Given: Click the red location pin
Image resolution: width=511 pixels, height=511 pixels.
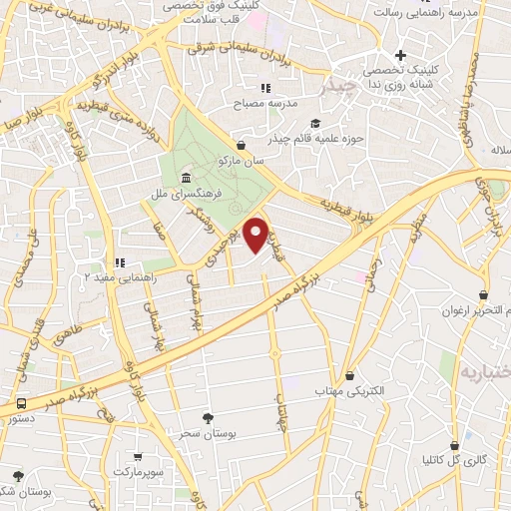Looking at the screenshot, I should pyautogui.click(x=256, y=234).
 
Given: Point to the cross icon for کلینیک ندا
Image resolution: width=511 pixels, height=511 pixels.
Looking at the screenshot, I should pyautogui.click(x=401, y=55).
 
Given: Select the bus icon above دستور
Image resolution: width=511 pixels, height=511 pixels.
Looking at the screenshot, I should pyautogui.click(x=22, y=404).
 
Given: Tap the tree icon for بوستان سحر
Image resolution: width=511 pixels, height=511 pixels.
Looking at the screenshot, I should pyautogui.click(x=208, y=418).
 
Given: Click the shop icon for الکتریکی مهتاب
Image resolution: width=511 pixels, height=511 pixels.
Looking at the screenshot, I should pyautogui.click(x=349, y=376).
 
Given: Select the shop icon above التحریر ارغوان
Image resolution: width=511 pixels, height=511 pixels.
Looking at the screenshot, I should pyautogui.click(x=484, y=295).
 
